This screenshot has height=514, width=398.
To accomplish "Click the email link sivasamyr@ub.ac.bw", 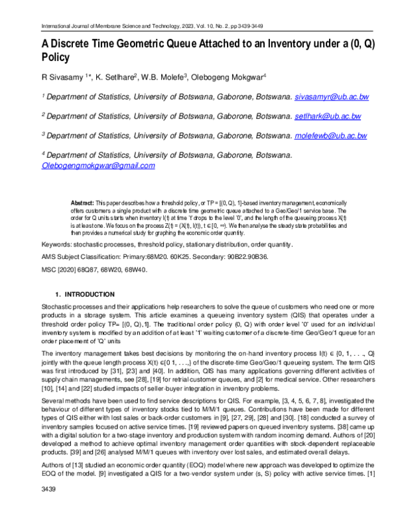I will pos(332,97).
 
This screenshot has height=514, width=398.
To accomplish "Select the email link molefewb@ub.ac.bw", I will pos(330,135).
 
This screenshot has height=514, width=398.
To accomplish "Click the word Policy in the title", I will pos(60,57).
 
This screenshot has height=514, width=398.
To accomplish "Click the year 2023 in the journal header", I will pos(206,26).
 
